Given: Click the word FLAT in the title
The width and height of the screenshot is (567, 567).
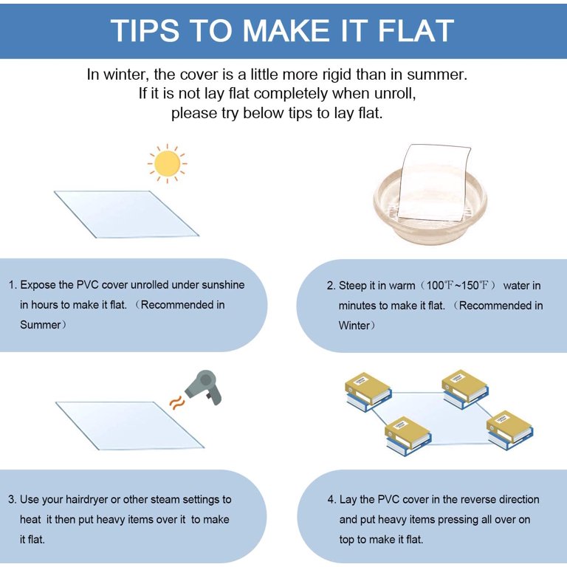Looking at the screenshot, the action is [x=416, y=30].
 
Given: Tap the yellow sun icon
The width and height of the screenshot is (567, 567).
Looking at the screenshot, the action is [x=167, y=163].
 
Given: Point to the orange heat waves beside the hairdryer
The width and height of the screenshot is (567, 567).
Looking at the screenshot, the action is [x=177, y=402].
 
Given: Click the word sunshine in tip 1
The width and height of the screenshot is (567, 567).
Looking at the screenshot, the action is [x=223, y=285].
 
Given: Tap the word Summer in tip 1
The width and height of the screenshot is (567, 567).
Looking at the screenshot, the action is [x=40, y=325].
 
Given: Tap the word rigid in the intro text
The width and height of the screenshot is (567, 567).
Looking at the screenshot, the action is [x=337, y=75].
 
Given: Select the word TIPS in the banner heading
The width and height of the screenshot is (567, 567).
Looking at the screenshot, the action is [x=145, y=30].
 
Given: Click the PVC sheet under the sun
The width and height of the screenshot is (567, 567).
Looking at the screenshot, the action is [x=126, y=213].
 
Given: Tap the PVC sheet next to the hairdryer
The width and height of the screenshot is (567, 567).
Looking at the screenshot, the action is [x=129, y=425].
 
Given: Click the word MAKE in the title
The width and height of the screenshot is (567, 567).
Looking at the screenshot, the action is [x=286, y=30].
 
